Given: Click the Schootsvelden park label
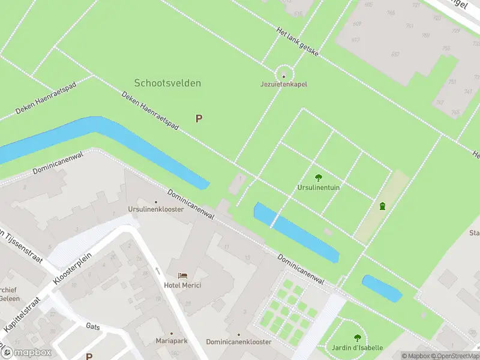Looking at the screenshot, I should [167, 83].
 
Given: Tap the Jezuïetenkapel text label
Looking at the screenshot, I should [284, 85].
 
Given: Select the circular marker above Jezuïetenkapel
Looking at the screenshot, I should [284, 76].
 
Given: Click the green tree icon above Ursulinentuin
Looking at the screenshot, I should [318, 177].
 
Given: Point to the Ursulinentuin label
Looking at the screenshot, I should [319, 187].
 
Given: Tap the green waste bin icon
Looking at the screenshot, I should [382, 206].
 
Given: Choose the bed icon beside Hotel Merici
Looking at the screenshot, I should [182, 275].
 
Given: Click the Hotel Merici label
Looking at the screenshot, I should [182, 285].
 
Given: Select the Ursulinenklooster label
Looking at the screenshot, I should [155, 209].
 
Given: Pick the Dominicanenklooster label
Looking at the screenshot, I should [239, 341].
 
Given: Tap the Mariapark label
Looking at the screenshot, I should [171, 341].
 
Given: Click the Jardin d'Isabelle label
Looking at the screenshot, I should [357, 348].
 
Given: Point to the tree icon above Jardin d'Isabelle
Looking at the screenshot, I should [358, 338].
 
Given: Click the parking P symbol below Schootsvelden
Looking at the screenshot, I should [199, 119].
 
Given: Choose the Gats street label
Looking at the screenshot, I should [92, 327].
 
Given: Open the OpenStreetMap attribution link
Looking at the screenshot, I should [455, 356].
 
